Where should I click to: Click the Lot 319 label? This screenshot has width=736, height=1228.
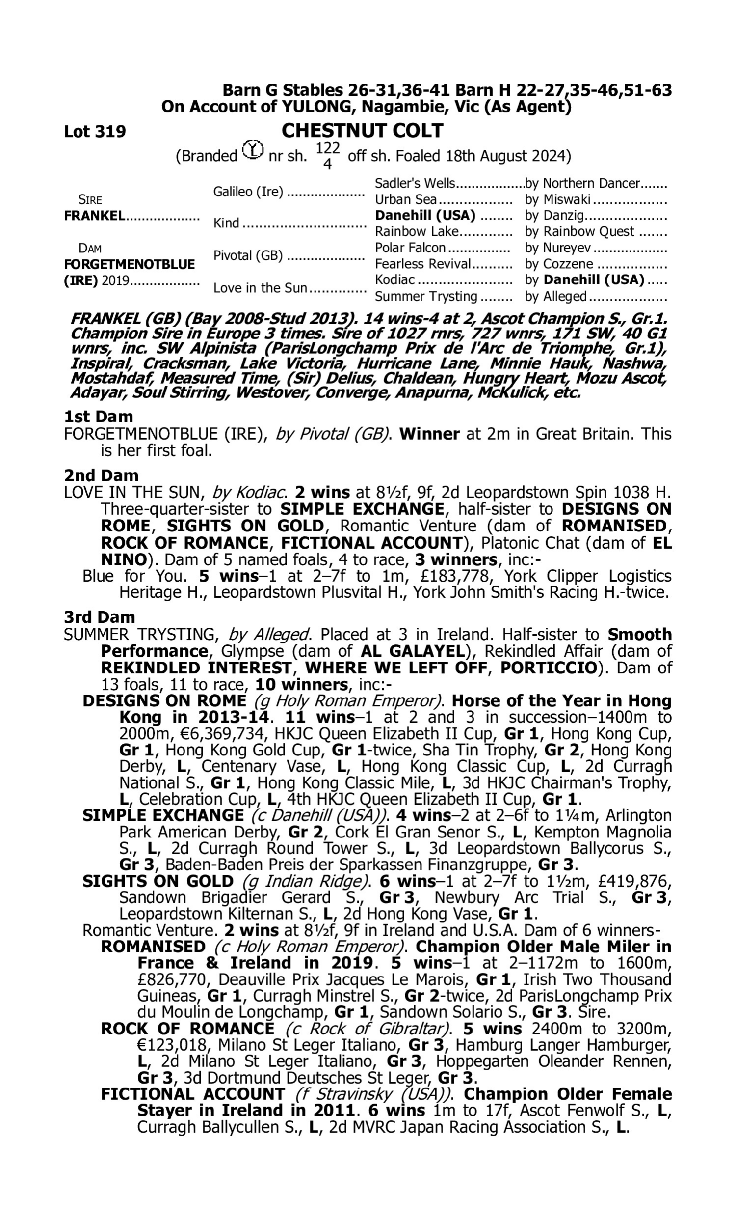coord(95,132)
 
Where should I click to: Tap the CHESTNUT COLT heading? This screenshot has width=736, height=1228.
coord(362,131)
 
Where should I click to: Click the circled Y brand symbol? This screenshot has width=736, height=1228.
coord(253,149)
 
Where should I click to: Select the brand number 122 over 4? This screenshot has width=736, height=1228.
coord(327,156)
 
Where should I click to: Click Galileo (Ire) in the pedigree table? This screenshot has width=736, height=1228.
coord(248,192)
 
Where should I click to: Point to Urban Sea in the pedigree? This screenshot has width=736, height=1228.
coord(406,199)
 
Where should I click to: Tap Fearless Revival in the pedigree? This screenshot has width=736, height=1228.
coord(422,264)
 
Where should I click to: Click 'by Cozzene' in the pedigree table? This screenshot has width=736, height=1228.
coord(559,264)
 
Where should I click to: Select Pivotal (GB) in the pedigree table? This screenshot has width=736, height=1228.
coord(248,255)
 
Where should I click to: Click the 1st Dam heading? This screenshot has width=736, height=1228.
coord(99,417)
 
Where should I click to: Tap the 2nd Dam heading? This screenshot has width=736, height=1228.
coord(101,475)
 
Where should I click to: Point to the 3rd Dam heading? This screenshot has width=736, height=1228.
coord(100,617)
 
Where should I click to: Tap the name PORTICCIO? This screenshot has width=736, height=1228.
coord(548,668)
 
